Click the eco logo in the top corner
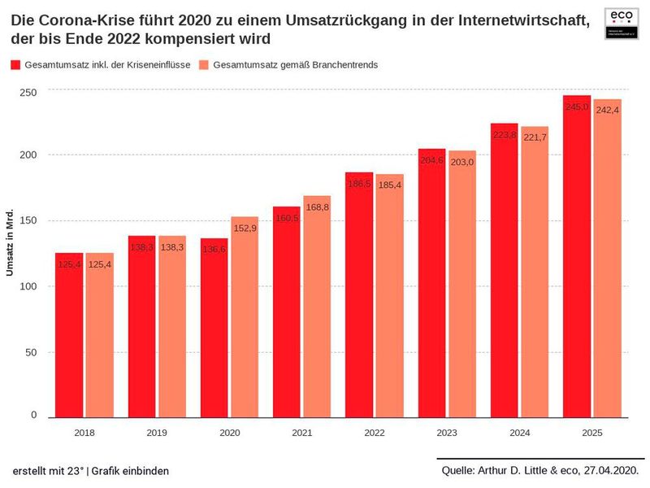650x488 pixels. tap(621, 22)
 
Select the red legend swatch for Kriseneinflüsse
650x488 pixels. tap(15, 64)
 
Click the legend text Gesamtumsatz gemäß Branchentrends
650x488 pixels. tap(295, 64)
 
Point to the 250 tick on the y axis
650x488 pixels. tap(28, 93)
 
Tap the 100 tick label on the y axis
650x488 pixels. tap(28, 286)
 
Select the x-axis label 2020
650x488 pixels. tap(229, 433)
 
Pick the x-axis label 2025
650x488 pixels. tap(592, 433)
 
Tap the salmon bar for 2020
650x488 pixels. tap(245, 317)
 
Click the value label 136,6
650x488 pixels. tap(214, 250)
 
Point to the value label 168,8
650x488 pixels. tap(317, 207)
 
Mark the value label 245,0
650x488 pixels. tap(577, 107)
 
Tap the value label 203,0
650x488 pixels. tap(462, 162)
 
